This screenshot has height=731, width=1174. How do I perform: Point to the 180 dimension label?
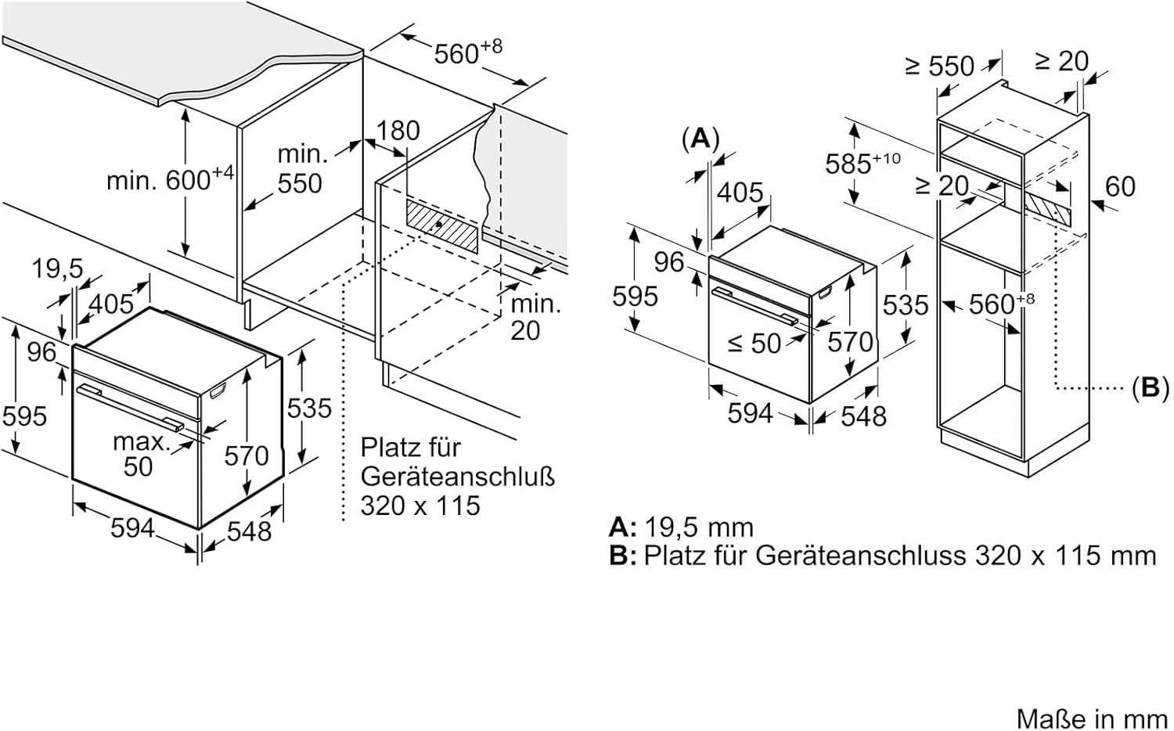tap(398, 130)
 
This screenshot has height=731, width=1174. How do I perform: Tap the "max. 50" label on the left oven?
tap(140, 454)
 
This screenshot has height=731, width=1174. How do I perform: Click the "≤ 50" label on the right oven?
tap(754, 343)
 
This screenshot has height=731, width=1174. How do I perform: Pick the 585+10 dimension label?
tap(861, 163)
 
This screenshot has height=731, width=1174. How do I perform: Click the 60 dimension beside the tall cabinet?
tap(1119, 186)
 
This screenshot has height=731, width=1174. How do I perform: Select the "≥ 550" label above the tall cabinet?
tap(939, 66)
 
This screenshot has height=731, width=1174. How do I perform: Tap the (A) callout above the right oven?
tap(700, 139)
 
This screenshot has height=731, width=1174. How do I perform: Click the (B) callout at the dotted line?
tap(1149, 387)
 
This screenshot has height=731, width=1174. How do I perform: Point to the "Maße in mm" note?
tap(1091, 717)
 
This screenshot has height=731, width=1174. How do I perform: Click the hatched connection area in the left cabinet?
tap(441, 224)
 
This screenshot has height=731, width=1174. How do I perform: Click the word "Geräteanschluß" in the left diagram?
tap(457, 476)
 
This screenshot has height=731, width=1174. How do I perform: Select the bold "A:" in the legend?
tap(623, 527)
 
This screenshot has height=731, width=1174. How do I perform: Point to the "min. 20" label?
tap(535, 316)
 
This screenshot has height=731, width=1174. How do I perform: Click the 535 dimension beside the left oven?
tap(309, 408)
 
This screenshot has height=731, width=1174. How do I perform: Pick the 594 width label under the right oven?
tap(750, 412)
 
